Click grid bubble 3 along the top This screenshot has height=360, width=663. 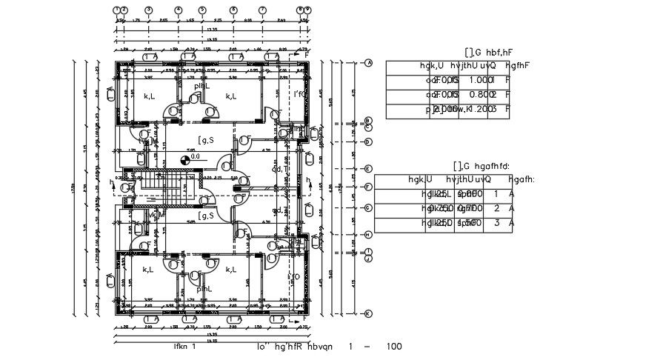coord(148,10)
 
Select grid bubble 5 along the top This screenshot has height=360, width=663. coord(202,10)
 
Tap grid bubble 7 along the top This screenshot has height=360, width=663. coord(262,10)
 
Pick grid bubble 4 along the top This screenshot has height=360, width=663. coord(179,10)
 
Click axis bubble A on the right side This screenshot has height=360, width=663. coord(368,63)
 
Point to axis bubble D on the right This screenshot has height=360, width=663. coord(368,141)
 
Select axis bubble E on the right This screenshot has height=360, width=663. coord(368,169)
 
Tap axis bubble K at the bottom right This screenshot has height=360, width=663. coord(368,314)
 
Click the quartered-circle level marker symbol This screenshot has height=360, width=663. coord(184,159)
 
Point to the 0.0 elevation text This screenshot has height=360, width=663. coord(196,156)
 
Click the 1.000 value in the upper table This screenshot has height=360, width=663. coord(482,80)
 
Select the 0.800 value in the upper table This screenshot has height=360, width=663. coord(482,95)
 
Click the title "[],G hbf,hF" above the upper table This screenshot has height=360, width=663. coord(489,52)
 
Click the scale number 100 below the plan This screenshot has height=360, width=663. coord(394,346)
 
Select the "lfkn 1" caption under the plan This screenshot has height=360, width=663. coord(184,346)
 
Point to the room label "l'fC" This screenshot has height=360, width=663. coord(299,94)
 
